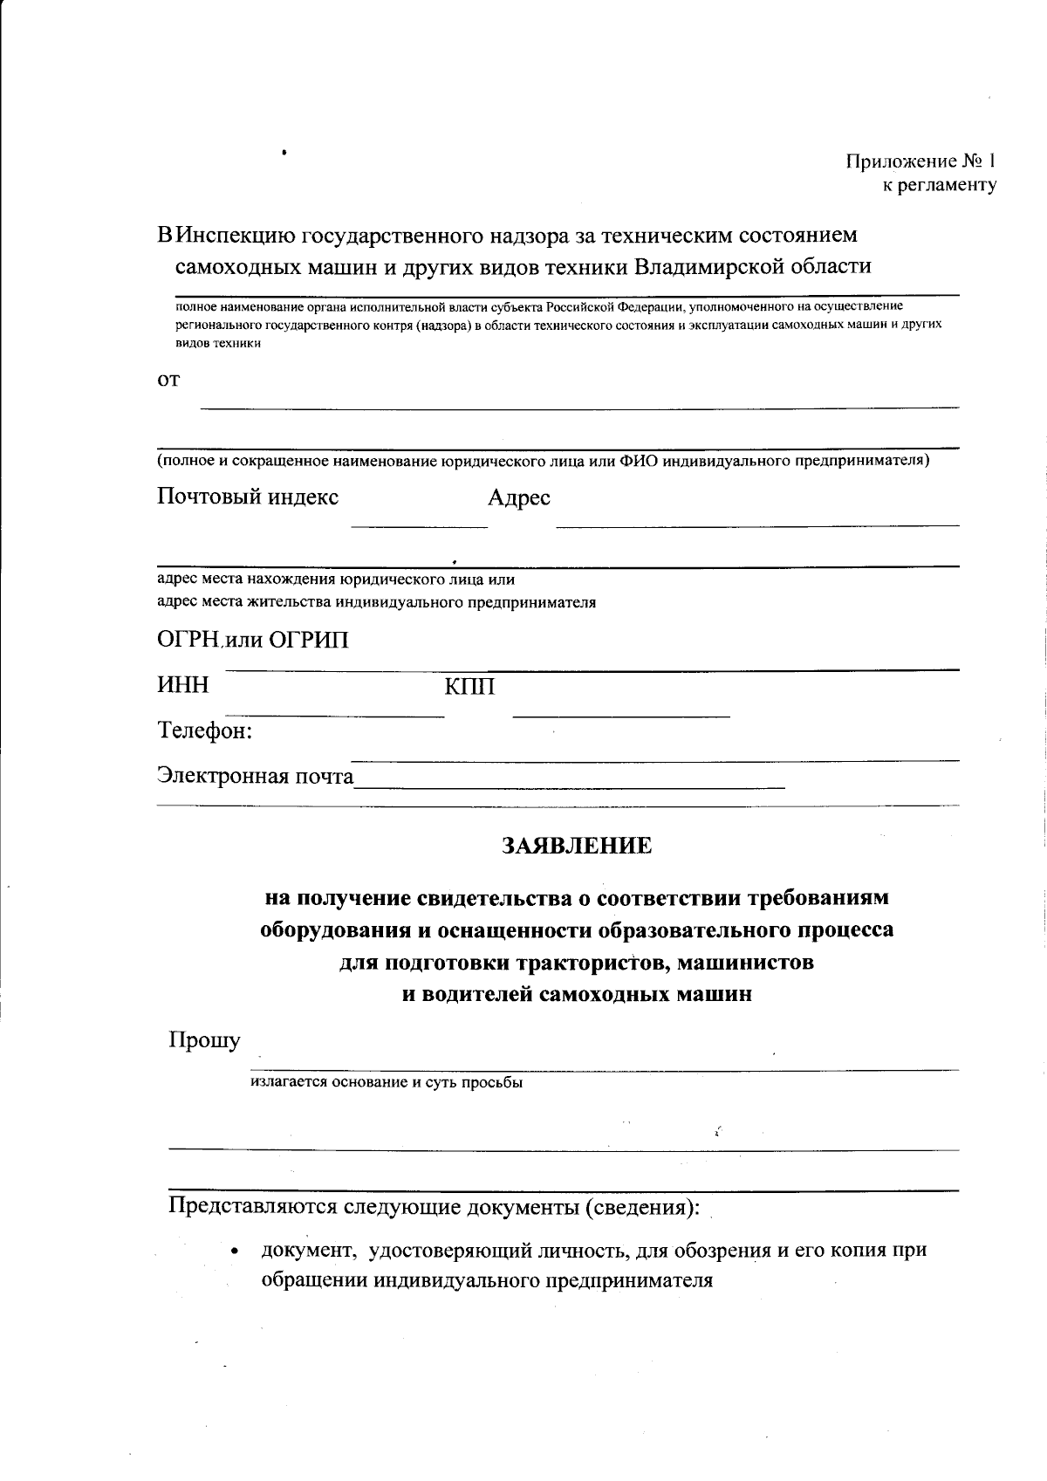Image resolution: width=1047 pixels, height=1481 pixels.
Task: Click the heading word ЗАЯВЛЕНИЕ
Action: (x=576, y=846)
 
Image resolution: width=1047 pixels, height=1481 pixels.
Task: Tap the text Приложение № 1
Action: (x=920, y=161)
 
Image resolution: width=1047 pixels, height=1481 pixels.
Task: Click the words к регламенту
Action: (x=939, y=185)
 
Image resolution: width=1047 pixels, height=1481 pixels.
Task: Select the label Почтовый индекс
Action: (x=248, y=497)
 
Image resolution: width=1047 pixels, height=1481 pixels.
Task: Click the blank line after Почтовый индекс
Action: (x=419, y=524)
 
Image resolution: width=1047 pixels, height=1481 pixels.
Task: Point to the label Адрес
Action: (x=518, y=498)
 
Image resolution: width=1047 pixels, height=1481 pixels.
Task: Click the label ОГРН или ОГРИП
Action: (x=253, y=641)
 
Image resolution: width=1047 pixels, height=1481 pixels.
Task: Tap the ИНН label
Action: (x=183, y=686)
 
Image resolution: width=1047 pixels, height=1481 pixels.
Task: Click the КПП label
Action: (x=469, y=688)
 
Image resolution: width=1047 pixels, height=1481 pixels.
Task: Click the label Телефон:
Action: (x=205, y=730)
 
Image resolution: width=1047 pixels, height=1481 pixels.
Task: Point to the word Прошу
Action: (x=204, y=1040)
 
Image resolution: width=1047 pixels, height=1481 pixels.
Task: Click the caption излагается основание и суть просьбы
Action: (x=387, y=1083)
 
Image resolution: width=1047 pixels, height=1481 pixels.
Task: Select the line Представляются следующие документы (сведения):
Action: (x=434, y=1207)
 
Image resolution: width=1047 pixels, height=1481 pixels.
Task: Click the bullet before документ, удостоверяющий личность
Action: (x=234, y=1251)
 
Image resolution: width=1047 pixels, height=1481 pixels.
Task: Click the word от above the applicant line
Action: (x=168, y=381)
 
